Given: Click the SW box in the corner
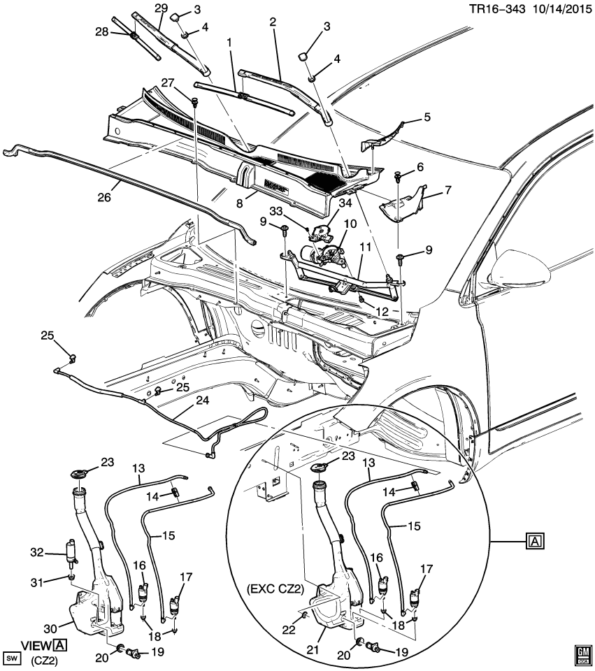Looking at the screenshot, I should coord(12,658).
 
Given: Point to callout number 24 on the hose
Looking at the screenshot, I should coord(202,401).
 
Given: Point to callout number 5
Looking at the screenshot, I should coord(427,118).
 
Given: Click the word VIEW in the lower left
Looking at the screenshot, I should coord(35,646).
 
